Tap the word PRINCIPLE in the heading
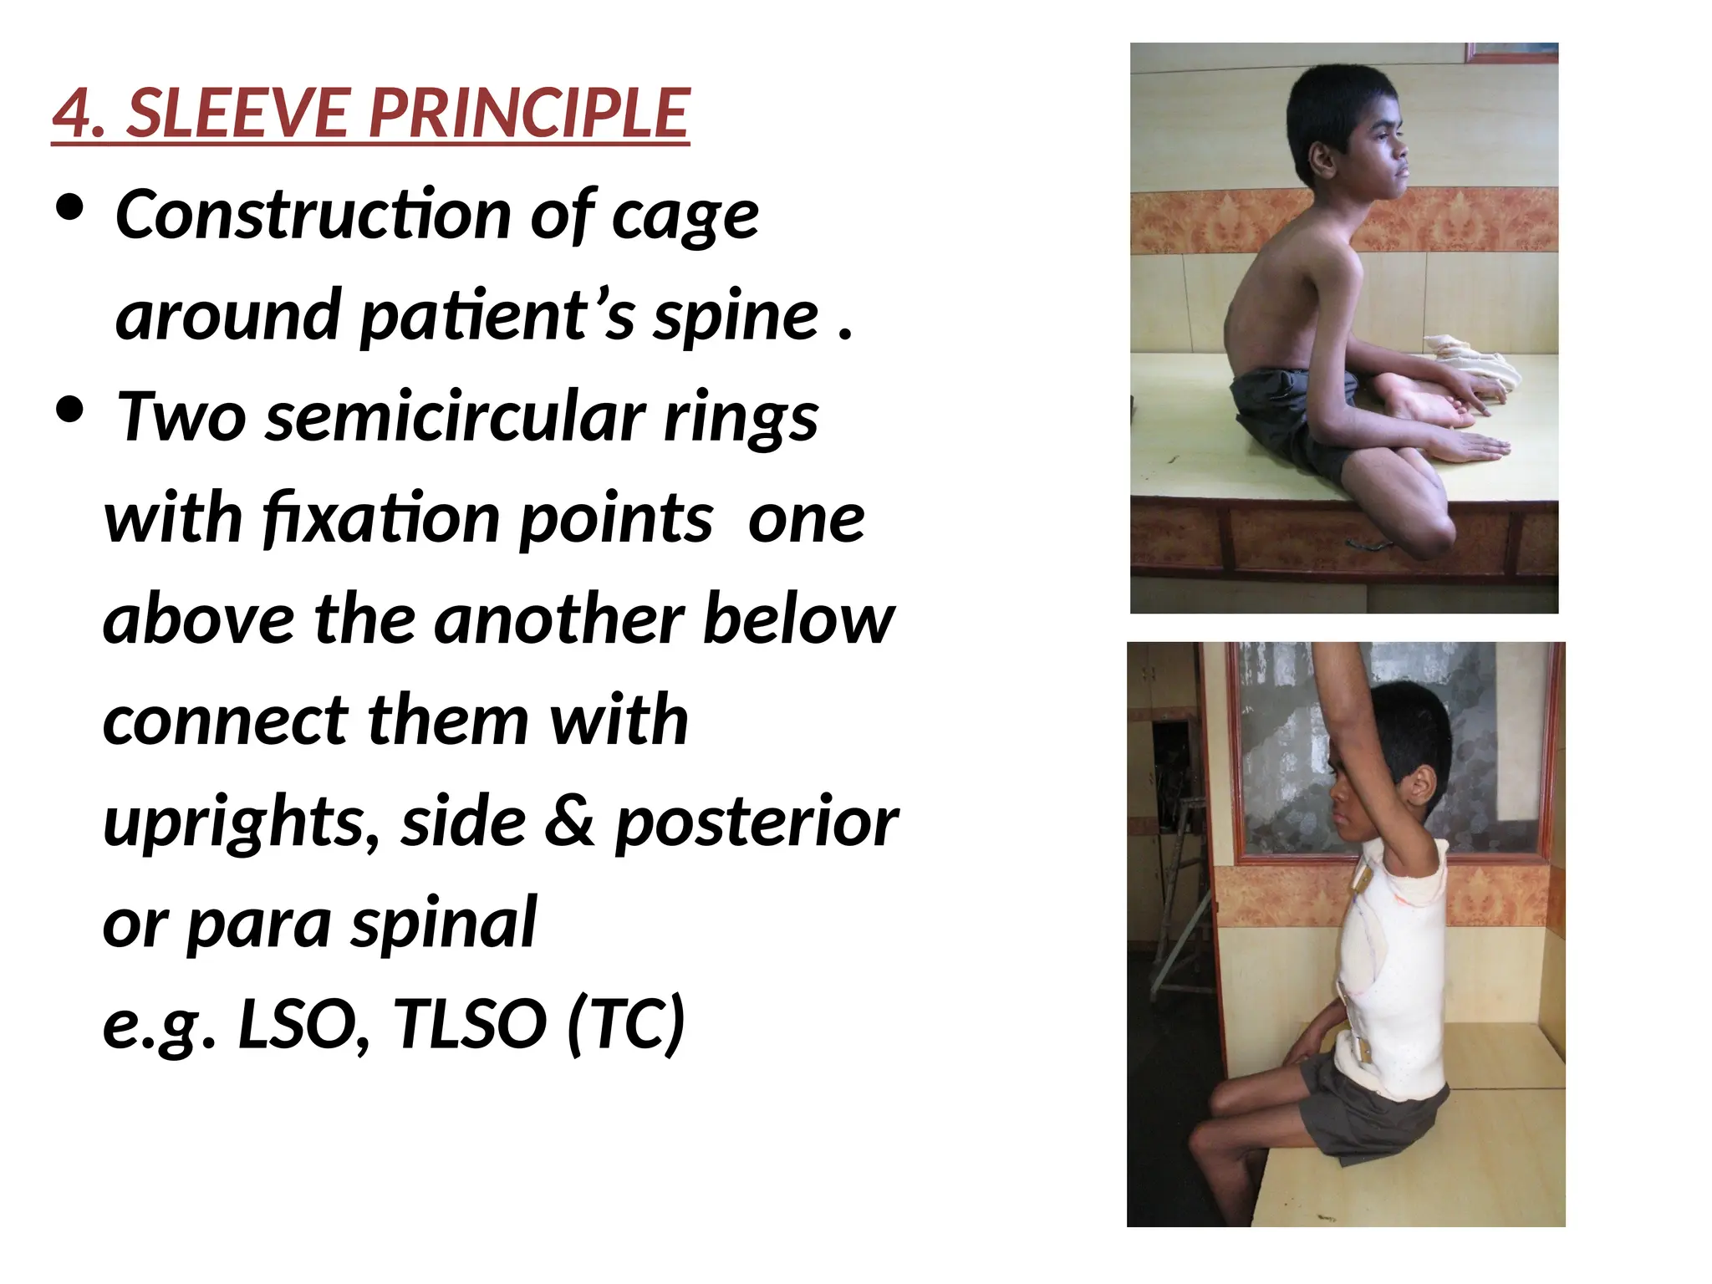pyautogui.click(x=529, y=114)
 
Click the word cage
pyautogui.click(x=685, y=216)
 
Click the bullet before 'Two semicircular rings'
pyautogui.click(x=70, y=410)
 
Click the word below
pyautogui.click(x=799, y=619)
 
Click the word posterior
pyautogui.click(x=757, y=823)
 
